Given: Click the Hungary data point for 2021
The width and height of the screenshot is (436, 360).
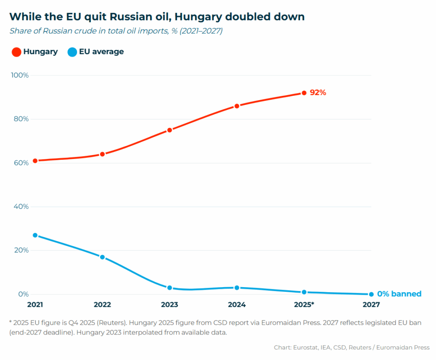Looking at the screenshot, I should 35,161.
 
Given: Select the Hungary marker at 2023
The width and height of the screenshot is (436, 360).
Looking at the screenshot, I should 169,130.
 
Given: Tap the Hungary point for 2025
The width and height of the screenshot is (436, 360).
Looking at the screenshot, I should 304,93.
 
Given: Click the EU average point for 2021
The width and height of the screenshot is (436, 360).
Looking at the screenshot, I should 35,235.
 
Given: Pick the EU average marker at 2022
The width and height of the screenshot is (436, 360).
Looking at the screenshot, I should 102,257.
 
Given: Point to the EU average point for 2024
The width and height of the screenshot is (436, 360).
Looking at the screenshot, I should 237,288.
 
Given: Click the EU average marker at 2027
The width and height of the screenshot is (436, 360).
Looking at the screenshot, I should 371,294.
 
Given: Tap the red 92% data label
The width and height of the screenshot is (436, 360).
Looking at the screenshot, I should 318,92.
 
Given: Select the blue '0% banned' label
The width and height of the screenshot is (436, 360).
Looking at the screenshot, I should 399,294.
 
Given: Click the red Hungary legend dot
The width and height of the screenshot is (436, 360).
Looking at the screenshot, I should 16,52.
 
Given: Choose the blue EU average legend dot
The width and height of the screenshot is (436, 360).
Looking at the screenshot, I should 72,52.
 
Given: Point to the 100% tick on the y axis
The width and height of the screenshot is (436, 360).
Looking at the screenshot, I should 20,75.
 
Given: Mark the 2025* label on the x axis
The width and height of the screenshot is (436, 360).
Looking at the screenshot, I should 304,305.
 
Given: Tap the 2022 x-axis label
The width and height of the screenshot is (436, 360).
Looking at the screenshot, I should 102,305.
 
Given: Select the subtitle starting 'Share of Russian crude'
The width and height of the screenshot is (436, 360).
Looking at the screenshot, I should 116,31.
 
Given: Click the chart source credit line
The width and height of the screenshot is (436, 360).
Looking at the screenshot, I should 352,348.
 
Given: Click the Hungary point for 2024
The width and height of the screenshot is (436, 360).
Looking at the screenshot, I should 237,106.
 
